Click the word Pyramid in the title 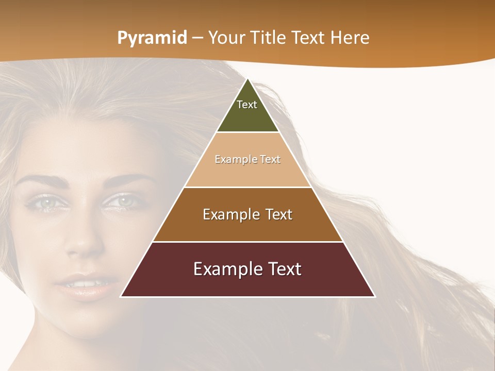click(x=152, y=38)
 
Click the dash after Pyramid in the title click(x=197, y=38)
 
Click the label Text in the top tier click(x=247, y=105)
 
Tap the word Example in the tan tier click(x=232, y=159)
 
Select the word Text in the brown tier click(x=276, y=214)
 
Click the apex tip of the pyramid click(x=248, y=79)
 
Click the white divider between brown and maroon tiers click(x=248, y=242)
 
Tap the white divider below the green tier click(x=248, y=132)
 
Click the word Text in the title click(x=309, y=38)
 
